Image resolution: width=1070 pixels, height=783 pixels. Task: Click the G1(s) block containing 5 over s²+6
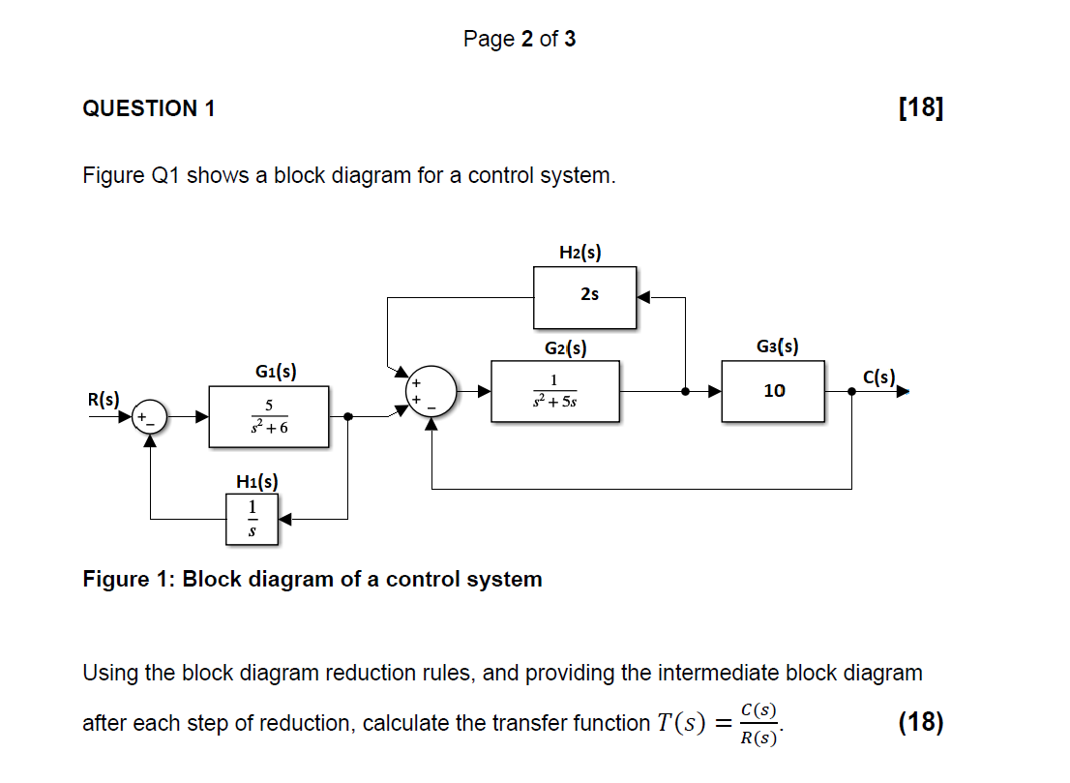tap(268, 416)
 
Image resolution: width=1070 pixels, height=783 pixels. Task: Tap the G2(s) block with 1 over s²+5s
tap(555, 391)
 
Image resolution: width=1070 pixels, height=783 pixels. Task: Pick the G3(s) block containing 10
tap(773, 391)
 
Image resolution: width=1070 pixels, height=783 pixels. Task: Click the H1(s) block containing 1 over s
tap(253, 519)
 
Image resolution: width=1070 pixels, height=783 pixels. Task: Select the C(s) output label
tap(879, 376)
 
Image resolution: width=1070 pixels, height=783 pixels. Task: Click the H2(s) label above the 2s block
tap(580, 253)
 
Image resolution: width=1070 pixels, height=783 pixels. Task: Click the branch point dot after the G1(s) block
tap(347, 416)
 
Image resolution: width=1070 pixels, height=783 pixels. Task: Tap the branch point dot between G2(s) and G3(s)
tap(686, 392)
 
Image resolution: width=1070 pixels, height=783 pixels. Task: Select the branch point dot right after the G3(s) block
tap(851, 392)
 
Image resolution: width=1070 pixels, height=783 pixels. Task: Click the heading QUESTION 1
tap(149, 108)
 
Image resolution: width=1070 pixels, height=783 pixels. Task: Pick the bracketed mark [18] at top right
tap(920, 107)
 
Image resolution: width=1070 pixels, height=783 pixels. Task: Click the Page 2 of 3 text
tap(520, 39)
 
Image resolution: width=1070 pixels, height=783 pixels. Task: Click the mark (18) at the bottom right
tap(920, 722)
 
